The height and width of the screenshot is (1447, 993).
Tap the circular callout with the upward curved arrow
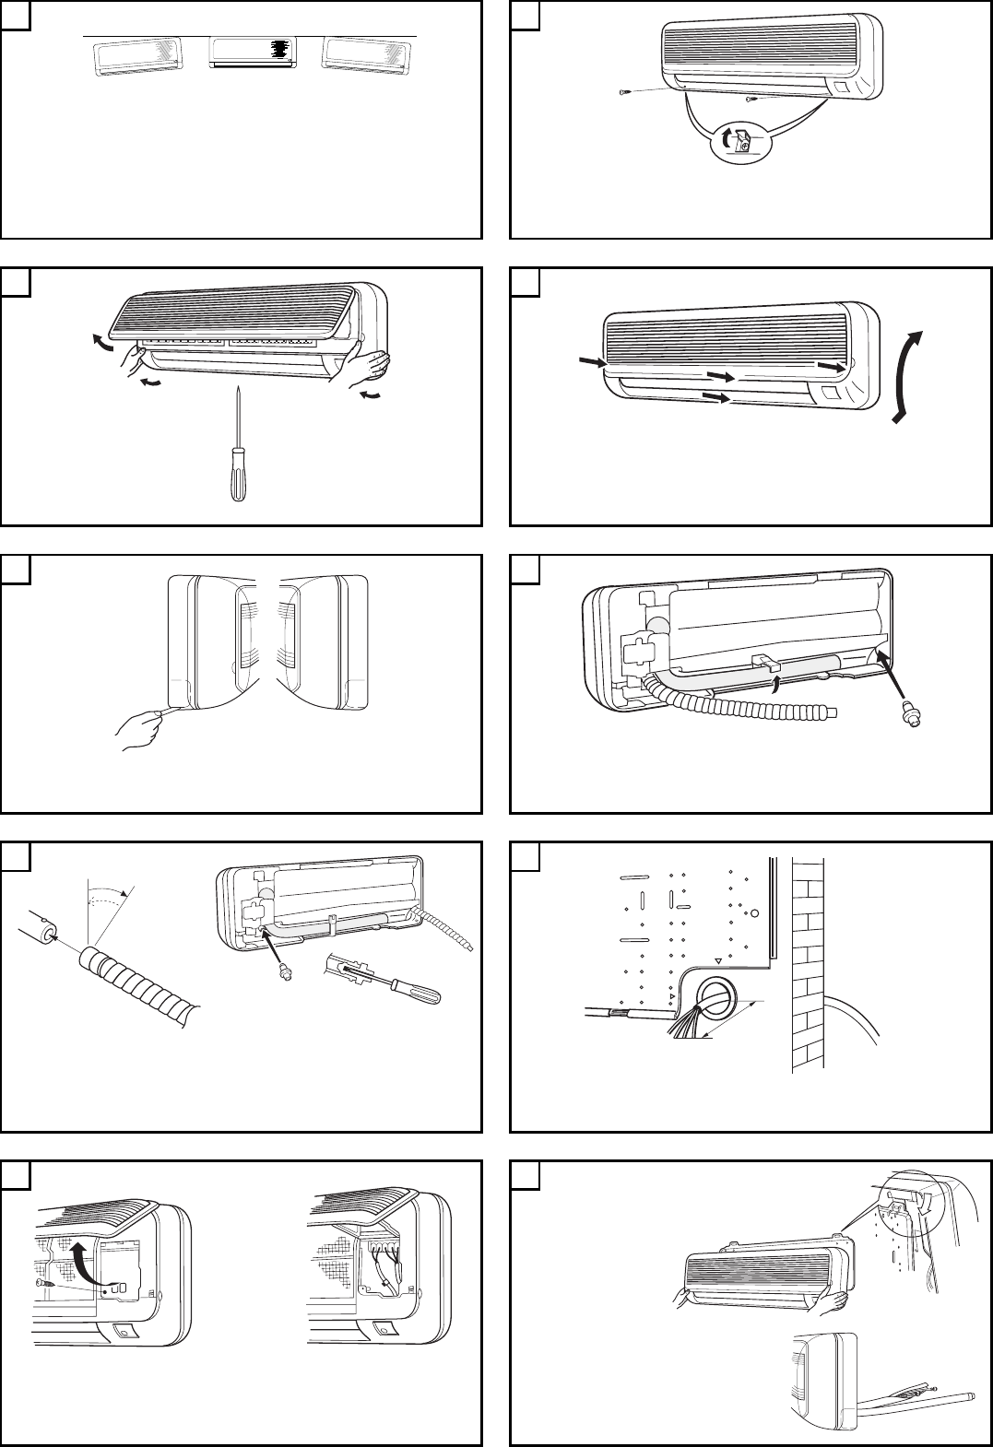click(x=743, y=143)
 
